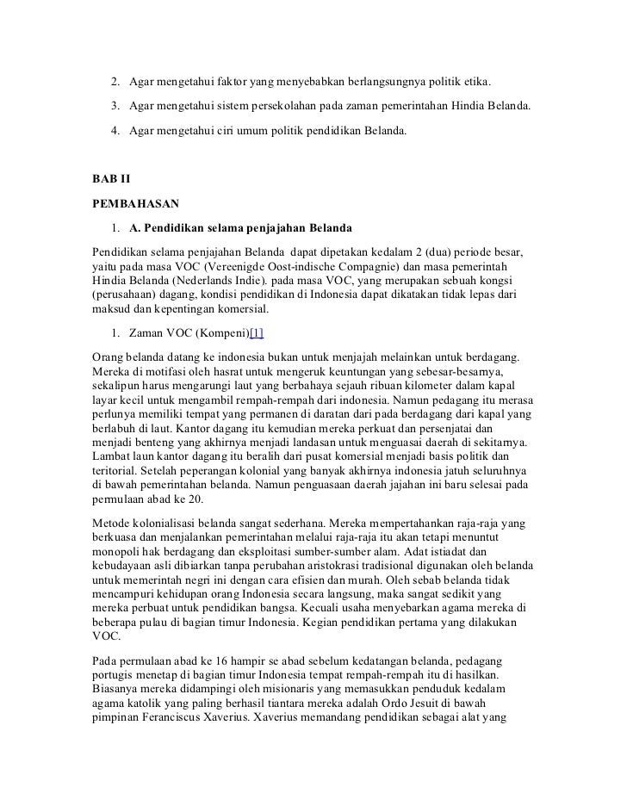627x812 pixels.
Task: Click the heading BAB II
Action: click(x=110, y=183)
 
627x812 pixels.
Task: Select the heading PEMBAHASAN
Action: click(x=135, y=206)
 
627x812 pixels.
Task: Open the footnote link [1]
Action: click(x=257, y=332)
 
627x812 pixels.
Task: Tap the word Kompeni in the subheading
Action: click(x=216, y=332)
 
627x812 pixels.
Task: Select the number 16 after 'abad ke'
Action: click(x=219, y=659)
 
